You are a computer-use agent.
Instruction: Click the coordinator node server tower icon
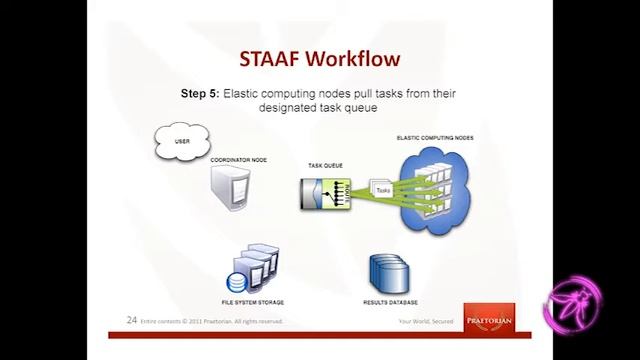tap(231, 189)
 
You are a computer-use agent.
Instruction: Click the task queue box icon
tap(326, 190)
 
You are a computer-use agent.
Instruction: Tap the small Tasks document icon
tap(382, 187)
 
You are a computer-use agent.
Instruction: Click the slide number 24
tap(131, 321)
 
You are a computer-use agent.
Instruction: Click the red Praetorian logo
tap(490, 315)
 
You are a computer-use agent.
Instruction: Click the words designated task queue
tap(319, 109)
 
